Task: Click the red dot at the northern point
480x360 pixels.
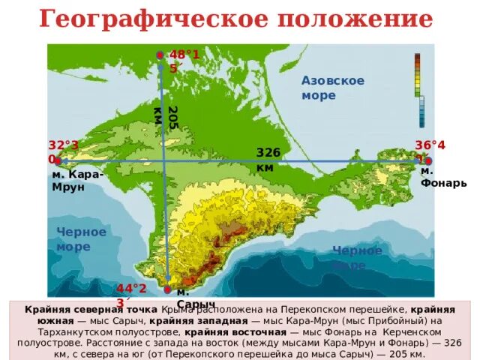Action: (x=160, y=55)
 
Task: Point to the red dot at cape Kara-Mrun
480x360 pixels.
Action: (x=57, y=160)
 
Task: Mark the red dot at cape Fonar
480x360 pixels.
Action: (x=427, y=160)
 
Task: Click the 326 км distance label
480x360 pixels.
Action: (x=268, y=159)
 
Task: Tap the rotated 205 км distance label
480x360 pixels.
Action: (x=165, y=118)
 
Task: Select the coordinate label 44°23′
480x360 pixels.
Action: (x=130, y=295)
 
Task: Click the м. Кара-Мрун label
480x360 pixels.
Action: (x=77, y=181)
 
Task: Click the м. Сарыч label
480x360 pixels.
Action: (x=190, y=297)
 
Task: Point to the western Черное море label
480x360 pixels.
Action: (x=81, y=239)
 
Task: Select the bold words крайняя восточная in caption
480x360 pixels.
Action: (x=235, y=331)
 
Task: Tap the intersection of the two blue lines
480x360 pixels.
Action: (x=164, y=160)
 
